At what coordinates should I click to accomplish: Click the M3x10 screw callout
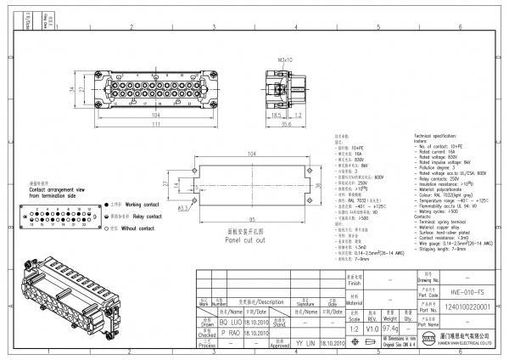[285, 60]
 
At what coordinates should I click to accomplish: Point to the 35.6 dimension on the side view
[286, 125]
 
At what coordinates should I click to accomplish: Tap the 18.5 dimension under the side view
[277, 115]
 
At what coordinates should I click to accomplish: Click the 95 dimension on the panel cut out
[253, 219]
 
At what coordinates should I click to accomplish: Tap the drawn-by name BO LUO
[208, 323]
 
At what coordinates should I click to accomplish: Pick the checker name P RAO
[208, 334]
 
